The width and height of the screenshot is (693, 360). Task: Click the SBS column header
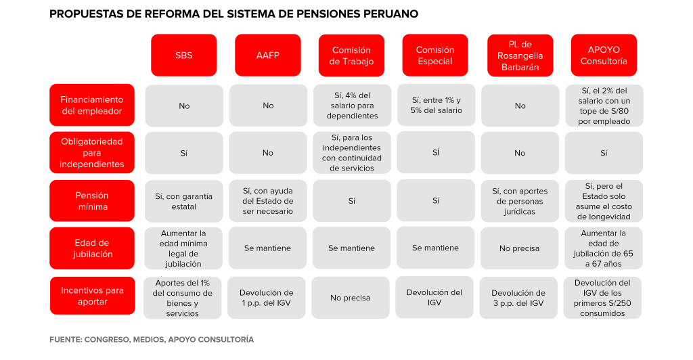point(184,55)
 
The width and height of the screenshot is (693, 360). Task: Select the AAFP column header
point(268,55)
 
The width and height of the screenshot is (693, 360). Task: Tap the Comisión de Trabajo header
point(351,55)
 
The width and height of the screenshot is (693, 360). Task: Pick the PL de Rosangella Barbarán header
point(520,55)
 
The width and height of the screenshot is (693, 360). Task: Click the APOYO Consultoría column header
point(604,55)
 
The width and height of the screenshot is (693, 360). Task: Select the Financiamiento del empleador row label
point(92,105)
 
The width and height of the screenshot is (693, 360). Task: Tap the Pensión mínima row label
point(92,200)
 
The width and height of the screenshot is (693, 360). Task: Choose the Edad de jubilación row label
point(92,248)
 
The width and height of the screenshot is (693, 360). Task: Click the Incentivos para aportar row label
point(92,296)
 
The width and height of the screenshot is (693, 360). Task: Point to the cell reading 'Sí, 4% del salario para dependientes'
point(352,106)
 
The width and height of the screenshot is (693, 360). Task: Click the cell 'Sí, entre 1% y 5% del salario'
point(437,105)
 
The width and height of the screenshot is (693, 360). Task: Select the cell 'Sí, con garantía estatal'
point(184,201)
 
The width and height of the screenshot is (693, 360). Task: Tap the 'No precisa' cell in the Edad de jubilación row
point(519,248)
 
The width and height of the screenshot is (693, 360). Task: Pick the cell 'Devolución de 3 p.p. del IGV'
point(518,298)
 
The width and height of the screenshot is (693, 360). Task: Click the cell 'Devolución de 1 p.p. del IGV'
point(267,298)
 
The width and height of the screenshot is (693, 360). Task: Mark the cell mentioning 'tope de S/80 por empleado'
point(604,106)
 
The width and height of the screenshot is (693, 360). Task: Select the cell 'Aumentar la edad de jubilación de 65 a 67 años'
point(603,248)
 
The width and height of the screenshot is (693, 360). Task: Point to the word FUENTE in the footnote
point(66,339)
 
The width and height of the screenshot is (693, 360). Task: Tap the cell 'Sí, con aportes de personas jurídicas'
point(520,201)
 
